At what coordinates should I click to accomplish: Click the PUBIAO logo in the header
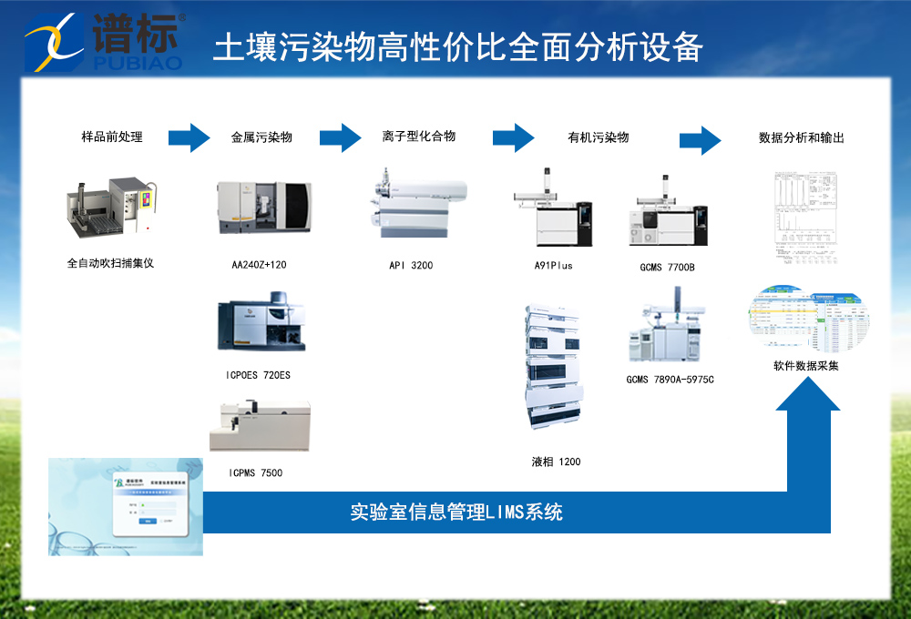point(105,41)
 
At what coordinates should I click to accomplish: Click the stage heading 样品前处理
point(112,138)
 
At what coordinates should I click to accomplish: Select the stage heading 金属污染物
point(261,138)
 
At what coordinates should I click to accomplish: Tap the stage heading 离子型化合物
point(419,137)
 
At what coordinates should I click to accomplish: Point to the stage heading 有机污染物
point(599,138)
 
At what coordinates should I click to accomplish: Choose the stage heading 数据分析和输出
point(802,138)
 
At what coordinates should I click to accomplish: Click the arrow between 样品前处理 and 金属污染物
point(189,137)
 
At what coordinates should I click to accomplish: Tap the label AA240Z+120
point(260,266)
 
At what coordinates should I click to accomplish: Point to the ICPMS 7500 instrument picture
point(260,426)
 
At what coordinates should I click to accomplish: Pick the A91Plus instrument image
point(553,211)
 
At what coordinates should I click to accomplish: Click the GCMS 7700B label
point(667,268)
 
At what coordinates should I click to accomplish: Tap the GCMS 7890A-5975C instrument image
point(669,328)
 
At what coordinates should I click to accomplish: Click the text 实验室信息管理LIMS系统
point(456,512)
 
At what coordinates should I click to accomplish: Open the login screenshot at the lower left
point(126,506)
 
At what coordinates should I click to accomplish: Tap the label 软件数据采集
point(801,367)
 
